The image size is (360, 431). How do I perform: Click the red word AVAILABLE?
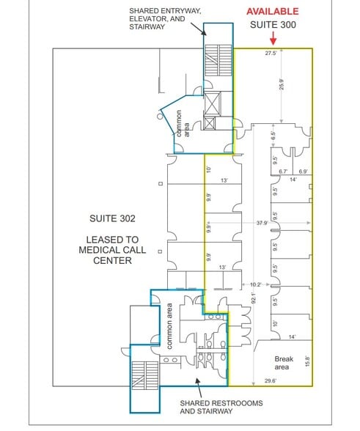(272, 11)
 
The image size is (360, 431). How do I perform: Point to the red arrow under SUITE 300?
(273, 39)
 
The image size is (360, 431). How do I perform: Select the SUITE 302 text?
(112, 218)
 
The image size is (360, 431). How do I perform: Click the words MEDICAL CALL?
(112, 249)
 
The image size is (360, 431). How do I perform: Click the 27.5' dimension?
(271, 54)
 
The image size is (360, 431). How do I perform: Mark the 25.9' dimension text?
(282, 84)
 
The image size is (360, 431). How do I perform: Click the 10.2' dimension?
(255, 284)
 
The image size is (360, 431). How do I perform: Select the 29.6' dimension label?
(271, 380)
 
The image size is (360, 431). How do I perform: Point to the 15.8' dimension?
(306, 362)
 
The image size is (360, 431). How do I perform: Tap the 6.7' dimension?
(283, 172)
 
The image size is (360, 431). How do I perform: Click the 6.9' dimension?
(302, 172)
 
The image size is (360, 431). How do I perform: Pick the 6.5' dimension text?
(273, 135)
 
